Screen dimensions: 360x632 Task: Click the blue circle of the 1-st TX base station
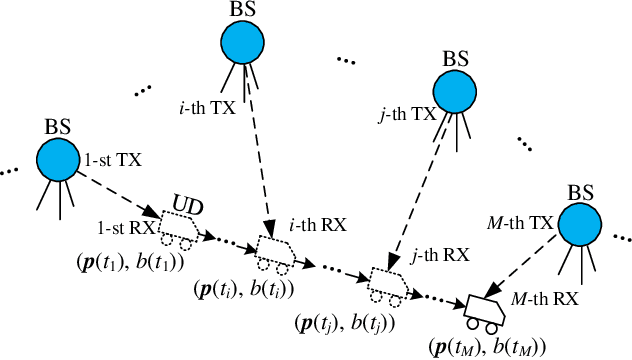(59, 160)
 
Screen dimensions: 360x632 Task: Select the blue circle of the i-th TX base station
(242, 42)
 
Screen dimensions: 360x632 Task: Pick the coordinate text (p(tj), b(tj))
(344, 323)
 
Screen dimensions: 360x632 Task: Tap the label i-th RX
(317, 227)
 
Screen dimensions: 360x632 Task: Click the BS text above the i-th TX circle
(242, 7)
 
